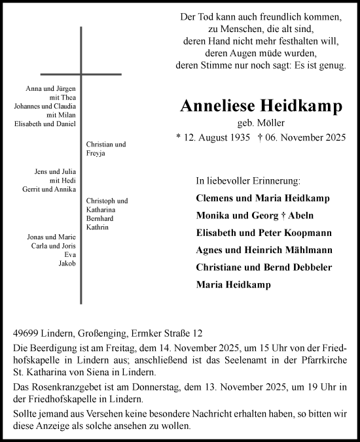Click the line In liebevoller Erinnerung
click(248, 180)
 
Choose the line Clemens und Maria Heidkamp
click(262, 198)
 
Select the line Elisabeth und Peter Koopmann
click(264, 232)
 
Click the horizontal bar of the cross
click(81, 75)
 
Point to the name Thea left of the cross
click(69, 97)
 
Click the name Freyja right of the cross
click(96, 154)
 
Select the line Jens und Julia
click(58, 171)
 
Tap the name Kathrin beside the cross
click(97, 227)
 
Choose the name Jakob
click(67, 263)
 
